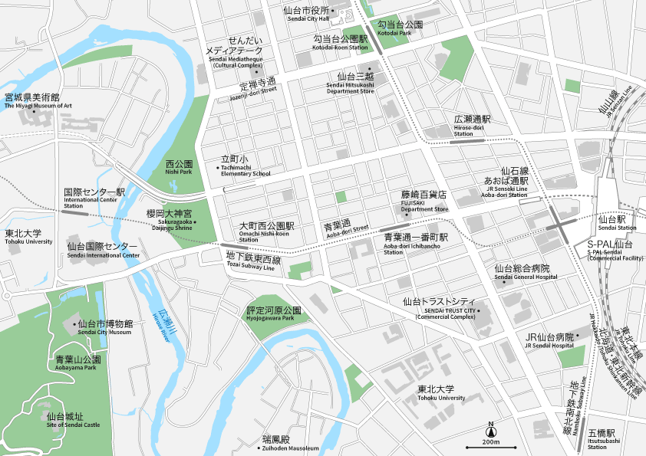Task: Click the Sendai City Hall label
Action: pos(306,15)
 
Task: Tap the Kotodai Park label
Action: pos(400,28)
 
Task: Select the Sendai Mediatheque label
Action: pos(235,54)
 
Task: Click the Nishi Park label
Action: pos(179,168)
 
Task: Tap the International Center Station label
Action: pos(94,197)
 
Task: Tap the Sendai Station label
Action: pos(617,223)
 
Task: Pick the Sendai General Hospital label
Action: pos(522,273)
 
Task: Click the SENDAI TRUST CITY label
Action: pos(444,307)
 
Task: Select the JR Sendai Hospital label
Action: pos(549,341)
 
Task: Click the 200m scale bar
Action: pos(490,446)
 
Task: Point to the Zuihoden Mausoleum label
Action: pos(290,444)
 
